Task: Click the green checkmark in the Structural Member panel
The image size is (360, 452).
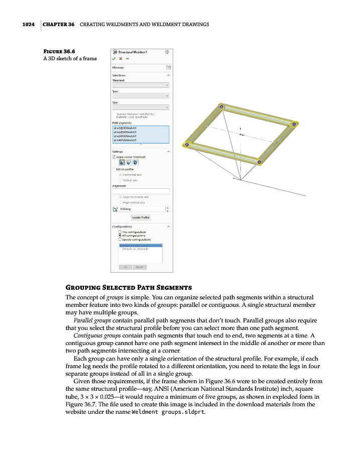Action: tap(114, 58)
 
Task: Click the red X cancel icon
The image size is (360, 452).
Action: tap(121, 58)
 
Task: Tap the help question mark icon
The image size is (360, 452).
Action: tap(167, 52)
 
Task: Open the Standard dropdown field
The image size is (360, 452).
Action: tap(141, 85)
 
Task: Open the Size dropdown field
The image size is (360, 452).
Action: tap(141, 106)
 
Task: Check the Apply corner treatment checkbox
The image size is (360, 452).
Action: tap(114, 157)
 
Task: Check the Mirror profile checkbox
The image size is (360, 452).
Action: tap(114, 169)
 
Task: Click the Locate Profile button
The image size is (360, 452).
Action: tap(141, 217)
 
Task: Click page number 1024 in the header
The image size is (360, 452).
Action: tap(28, 24)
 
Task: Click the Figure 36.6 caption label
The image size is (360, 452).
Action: tap(59, 51)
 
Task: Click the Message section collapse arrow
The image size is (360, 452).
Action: tap(168, 67)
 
